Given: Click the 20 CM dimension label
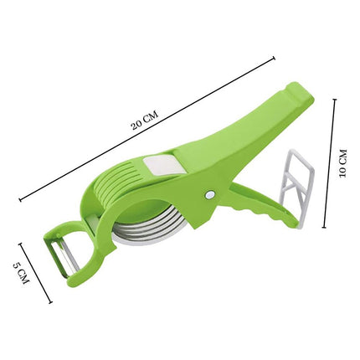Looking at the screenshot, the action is pos(145,120).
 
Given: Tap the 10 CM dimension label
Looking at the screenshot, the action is pos(342,163).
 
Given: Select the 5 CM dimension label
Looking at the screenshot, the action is pos(21,273).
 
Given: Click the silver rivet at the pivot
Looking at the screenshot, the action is pos(210,195).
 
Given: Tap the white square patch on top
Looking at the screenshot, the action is pos(161,166).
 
